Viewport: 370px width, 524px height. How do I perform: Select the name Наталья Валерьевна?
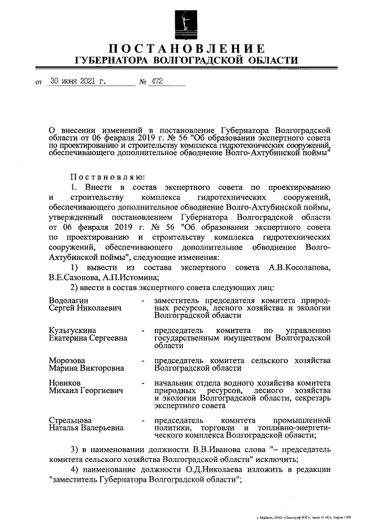pos(86,428)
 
